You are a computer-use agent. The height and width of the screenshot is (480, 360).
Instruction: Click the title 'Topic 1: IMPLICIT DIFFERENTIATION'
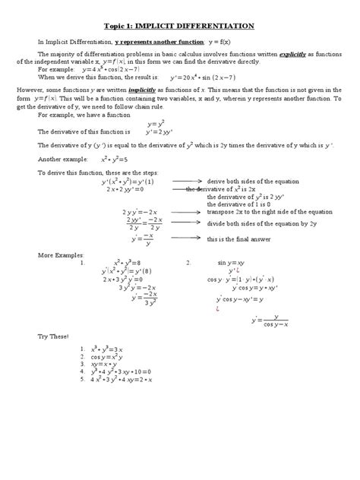179,26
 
